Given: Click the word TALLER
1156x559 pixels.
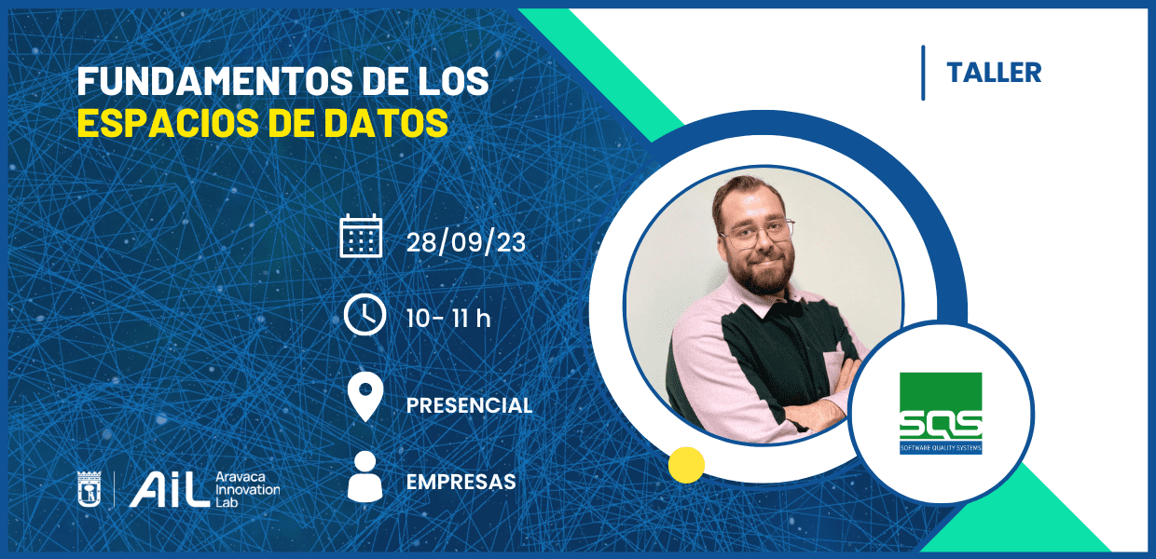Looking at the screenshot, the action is point(994,73).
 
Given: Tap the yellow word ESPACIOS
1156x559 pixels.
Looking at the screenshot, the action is point(168,123).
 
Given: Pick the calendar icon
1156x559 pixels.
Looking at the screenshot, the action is point(361,236).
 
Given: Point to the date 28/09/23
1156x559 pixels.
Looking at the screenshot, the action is point(465,242).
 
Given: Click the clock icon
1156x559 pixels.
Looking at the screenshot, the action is point(365,315).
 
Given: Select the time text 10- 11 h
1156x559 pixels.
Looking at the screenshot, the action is point(447,318).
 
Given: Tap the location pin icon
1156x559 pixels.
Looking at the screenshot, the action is point(365,396).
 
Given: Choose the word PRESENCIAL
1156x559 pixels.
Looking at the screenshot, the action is point(469,405).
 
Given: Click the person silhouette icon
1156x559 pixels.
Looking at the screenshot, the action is point(365,476).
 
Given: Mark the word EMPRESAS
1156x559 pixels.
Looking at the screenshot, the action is point(461,482).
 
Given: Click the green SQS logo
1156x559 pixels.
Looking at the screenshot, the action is point(941,413).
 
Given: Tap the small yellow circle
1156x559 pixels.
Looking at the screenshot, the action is point(686,465).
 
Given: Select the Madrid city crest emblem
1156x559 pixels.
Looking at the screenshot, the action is point(89,489).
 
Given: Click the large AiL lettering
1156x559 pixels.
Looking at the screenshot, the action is point(170,489).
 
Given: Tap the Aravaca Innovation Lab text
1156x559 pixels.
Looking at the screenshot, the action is point(248,489).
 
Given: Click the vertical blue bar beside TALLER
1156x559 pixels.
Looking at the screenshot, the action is point(923,73).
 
